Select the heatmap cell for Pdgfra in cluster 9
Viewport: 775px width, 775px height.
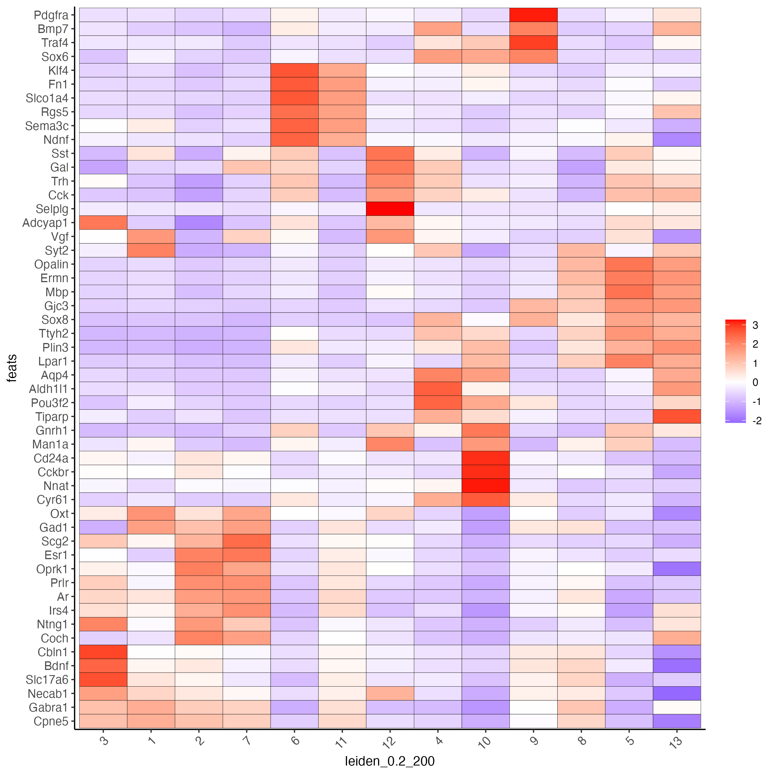pos(533,15)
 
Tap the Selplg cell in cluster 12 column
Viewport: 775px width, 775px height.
pos(390,209)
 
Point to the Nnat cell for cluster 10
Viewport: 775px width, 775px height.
pos(485,486)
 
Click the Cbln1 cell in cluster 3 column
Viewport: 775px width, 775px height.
pos(103,652)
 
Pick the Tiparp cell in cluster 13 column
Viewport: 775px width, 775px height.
pos(677,416)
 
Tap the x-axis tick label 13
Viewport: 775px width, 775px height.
pos(676,742)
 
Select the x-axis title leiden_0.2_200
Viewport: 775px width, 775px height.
pos(390,761)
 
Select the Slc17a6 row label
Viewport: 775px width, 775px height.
pos(47,679)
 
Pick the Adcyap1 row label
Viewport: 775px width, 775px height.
pos(45,223)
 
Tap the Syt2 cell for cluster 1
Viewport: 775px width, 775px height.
pos(151,250)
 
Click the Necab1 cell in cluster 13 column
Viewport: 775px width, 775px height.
pos(677,693)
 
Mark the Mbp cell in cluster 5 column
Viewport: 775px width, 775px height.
pos(629,292)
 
